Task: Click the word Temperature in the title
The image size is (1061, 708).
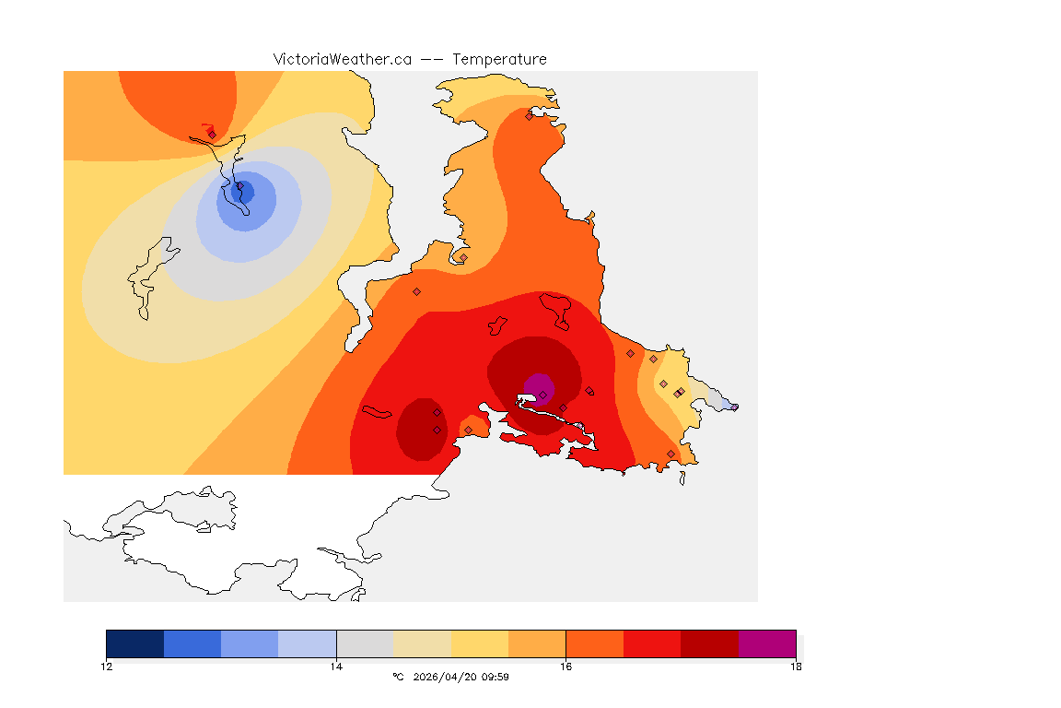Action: [499, 59]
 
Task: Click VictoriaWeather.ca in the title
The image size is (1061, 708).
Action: [342, 59]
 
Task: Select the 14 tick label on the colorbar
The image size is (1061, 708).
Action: [336, 667]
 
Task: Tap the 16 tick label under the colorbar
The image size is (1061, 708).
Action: [565, 667]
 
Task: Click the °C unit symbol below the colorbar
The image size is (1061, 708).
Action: [398, 677]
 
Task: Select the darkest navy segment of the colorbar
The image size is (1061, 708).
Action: [134, 643]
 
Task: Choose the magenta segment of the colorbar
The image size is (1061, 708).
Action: [767, 643]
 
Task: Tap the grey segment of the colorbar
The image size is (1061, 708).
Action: [365, 643]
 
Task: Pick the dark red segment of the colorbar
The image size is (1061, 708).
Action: [709, 643]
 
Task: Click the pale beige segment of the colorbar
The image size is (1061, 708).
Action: [422, 643]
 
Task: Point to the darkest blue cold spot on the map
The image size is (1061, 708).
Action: [245, 192]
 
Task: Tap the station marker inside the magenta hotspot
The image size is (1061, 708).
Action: [542, 395]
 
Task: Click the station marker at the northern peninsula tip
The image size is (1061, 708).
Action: [529, 116]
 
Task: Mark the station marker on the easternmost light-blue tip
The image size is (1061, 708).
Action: [734, 407]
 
